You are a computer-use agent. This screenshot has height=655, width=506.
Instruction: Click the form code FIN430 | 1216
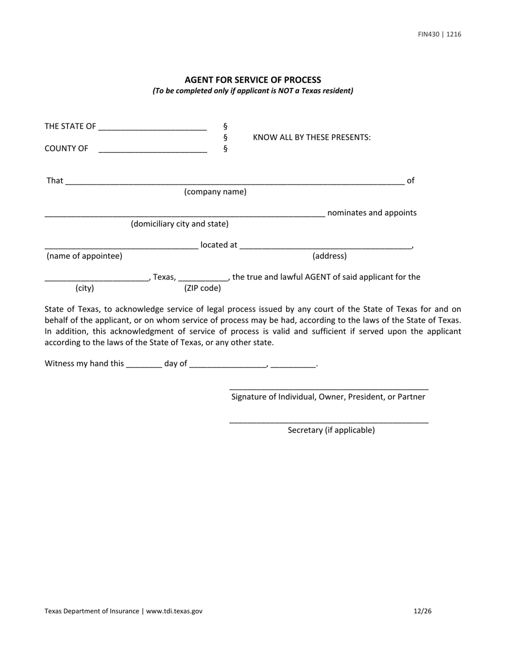click(439, 35)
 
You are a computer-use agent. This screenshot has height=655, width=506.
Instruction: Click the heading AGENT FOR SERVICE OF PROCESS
click(252, 80)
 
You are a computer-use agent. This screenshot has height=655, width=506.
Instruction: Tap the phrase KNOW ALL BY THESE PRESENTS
click(312, 137)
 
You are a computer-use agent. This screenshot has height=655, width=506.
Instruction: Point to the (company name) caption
click(215, 192)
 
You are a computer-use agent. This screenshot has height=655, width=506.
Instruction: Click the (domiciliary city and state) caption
click(179, 224)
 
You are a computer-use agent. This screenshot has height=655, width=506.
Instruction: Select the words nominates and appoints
click(372, 213)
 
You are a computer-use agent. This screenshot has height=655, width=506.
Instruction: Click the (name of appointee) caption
click(84, 256)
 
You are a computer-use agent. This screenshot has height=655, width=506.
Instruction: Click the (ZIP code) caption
click(202, 288)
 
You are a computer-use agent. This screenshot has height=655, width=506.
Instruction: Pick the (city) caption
click(85, 288)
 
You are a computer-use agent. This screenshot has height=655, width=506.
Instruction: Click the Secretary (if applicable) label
click(331, 430)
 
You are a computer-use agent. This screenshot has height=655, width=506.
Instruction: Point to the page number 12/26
click(422, 611)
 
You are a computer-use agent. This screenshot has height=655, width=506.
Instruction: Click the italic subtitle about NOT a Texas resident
click(252, 91)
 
